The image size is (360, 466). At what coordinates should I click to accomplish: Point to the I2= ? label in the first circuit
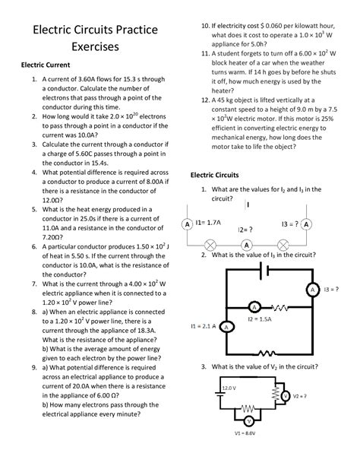tap(245, 229)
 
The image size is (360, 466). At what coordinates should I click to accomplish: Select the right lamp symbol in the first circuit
tap(283, 245)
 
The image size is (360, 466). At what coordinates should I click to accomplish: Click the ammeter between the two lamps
tap(246, 245)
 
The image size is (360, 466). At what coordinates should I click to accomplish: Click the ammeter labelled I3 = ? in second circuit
tap(311, 290)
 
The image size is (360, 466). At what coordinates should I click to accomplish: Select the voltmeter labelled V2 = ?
tap(286, 396)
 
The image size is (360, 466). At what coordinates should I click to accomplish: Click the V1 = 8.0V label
tap(248, 433)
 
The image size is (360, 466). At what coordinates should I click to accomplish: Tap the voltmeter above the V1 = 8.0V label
tap(248, 420)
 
